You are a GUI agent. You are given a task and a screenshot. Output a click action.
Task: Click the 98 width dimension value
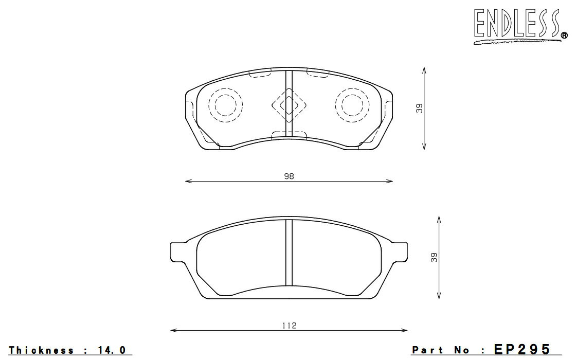click(x=289, y=176)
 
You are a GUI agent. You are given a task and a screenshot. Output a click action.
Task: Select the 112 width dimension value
click(x=290, y=326)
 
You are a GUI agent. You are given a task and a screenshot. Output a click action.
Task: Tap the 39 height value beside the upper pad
click(x=420, y=109)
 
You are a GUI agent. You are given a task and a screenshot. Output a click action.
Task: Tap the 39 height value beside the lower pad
click(x=434, y=257)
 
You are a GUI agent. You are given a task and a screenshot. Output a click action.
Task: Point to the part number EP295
click(x=523, y=349)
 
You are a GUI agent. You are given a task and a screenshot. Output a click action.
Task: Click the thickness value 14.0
click(x=112, y=350)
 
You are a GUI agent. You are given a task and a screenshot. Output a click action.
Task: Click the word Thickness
click(x=41, y=350)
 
